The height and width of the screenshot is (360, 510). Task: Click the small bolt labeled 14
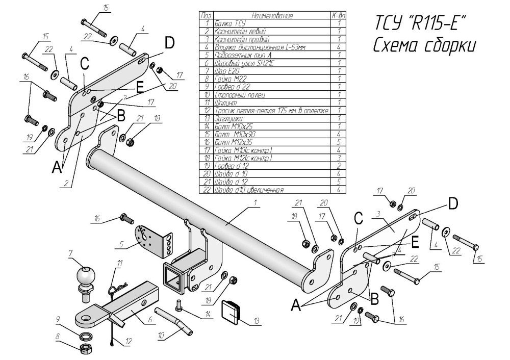coord(178,306)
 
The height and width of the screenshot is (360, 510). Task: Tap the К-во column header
coord(339,16)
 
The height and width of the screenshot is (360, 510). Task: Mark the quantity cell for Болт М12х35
coord(339,142)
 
